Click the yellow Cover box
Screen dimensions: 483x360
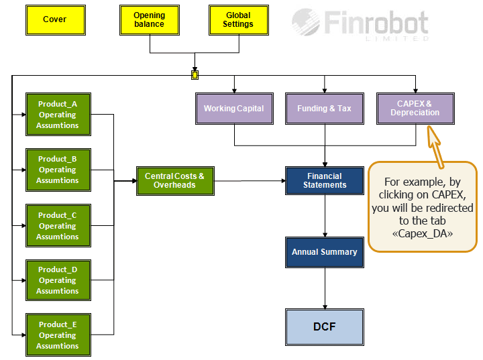pos(56,20)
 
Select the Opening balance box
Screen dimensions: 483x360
pos(150,20)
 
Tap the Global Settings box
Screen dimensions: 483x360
pos(239,20)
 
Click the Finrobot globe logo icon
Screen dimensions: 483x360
pos(306,22)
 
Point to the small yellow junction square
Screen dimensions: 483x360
pos(195,75)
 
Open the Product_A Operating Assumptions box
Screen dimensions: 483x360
pos(58,114)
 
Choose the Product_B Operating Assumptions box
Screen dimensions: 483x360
pos(58,170)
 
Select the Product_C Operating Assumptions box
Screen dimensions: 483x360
pos(58,225)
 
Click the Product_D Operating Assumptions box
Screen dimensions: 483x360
pos(58,280)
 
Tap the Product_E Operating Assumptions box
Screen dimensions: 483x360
pos(58,335)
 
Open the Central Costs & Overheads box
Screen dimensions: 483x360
pos(175,181)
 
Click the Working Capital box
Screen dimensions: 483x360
pos(234,109)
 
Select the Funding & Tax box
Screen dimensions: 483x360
pos(325,109)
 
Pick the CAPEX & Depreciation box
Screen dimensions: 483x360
pos(415,109)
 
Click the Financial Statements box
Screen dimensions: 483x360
pos(325,181)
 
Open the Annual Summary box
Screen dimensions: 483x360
pos(325,253)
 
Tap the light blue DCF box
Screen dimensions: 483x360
pos(325,327)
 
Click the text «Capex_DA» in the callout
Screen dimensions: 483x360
pos(423,234)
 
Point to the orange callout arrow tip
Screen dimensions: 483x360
pos(429,126)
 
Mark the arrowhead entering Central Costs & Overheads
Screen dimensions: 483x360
pos(134,181)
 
